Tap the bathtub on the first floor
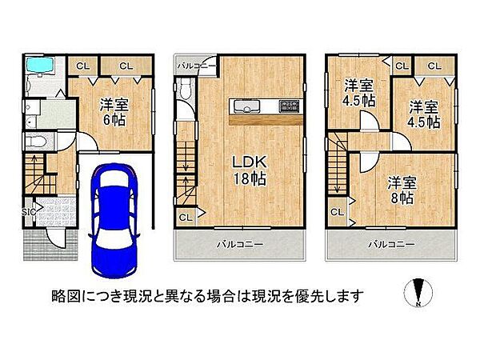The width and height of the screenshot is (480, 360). pyautogui.click(x=37, y=67)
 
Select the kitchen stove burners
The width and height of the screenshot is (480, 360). pyautogui.click(x=287, y=106)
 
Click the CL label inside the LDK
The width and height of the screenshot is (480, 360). pyautogui.click(x=185, y=216)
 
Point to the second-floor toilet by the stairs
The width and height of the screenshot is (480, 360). pyautogui.click(x=186, y=94)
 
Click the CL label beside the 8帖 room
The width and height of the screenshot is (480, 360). pyautogui.click(x=336, y=212)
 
